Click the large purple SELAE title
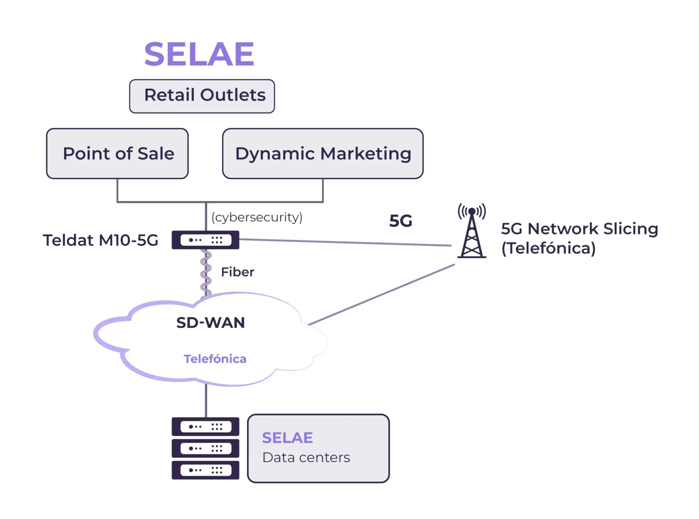[199, 54]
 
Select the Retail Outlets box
[202, 96]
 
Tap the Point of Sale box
[117, 153]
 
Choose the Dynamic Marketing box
[323, 153]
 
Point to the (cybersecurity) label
[257, 217]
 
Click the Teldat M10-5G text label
[100, 240]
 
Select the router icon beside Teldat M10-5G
[205, 240]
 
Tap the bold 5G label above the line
[401, 221]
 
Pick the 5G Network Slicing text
[580, 229]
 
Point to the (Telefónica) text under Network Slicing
[548, 248]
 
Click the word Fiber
[238, 272]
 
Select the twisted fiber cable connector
[205, 273]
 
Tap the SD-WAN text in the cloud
[211, 323]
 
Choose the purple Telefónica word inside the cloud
[215, 359]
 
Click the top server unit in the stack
[205, 426]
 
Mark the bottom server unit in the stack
[205, 470]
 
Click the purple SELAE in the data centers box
[287, 438]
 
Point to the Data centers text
[306, 457]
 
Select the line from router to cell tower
[345, 242]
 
